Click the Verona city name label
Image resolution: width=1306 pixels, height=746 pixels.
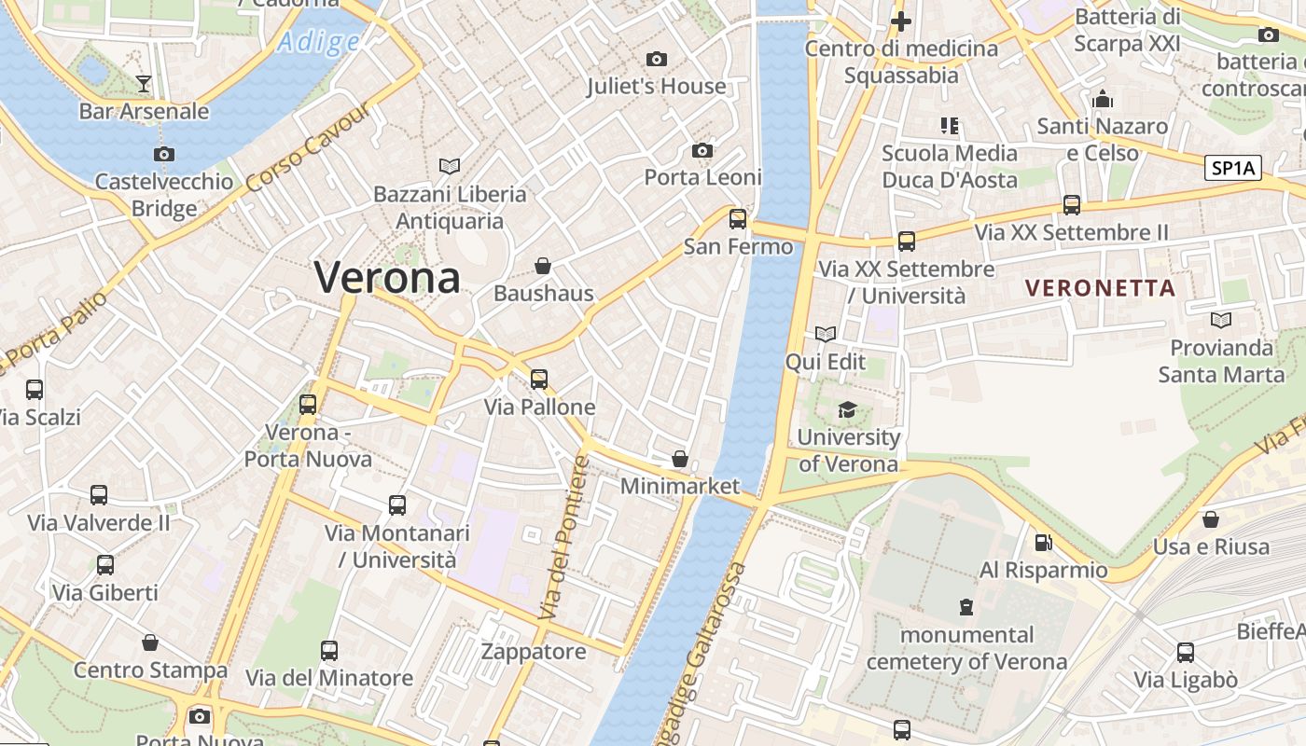pyautogui.click(x=387, y=277)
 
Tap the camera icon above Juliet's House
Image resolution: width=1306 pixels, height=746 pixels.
pyautogui.click(x=657, y=59)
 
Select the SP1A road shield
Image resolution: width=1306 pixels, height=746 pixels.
pyautogui.click(x=1233, y=168)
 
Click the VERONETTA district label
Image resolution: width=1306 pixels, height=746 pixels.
pyautogui.click(x=1100, y=288)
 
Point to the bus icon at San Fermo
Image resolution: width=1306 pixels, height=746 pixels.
pyautogui.click(x=738, y=219)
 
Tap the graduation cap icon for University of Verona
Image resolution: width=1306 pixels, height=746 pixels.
pyautogui.click(x=847, y=409)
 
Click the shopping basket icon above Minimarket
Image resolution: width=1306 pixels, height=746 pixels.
pyautogui.click(x=680, y=459)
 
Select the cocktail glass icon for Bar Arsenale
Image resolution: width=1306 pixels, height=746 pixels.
pyautogui.click(x=144, y=84)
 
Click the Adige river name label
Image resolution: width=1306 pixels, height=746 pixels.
pyautogui.click(x=318, y=42)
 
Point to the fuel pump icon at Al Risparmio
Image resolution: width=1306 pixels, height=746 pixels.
pyautogui.click(x=1043, y=542)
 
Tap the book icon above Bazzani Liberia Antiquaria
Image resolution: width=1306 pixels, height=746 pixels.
pyautogui.click(x=450, y=166)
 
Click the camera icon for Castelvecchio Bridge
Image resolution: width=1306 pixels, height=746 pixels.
pyautogui.click(x=164, y=154)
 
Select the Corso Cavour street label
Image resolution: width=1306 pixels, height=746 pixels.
pyautogui.click(x=308, y=146)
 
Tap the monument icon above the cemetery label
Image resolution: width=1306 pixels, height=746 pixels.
pyautogui.click(x=966, y=607)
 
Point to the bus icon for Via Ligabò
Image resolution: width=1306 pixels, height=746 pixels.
pyautogui.click(x=1185, y=652)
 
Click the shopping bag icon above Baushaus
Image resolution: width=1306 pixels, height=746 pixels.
pyautogui.click(x=543, y=266)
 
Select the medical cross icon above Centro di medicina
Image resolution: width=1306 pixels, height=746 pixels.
pyautogui.click(x=900, y=21)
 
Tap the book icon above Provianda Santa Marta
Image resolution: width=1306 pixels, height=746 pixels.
pyautogui.click(x=1220, y=320)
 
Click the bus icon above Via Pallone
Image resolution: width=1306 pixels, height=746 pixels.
pyautogui.click(x=539, y=380)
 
